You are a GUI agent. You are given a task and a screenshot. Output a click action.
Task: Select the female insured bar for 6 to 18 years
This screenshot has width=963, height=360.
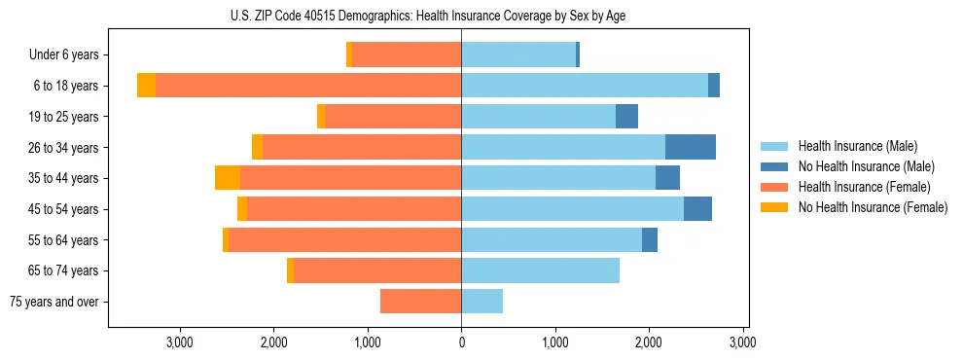(x=308, y=86)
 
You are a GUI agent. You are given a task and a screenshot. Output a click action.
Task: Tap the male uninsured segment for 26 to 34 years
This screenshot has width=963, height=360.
(x=691, y=147)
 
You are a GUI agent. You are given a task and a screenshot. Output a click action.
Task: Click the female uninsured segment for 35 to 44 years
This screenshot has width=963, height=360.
(x=228, y=178)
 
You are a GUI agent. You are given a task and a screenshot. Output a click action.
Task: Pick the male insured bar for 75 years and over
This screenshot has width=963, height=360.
(x=481, y=302)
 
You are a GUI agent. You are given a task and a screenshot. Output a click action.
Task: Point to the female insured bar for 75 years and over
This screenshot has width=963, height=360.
(x=420, y=302)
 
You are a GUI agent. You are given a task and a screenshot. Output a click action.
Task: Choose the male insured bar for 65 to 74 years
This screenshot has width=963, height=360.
(x=540, y=270)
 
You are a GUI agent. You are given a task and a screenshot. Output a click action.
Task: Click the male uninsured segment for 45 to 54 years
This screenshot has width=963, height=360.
(x=697, y=209)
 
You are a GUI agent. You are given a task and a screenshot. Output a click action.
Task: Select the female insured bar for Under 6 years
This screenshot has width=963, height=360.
(x=407, y=54)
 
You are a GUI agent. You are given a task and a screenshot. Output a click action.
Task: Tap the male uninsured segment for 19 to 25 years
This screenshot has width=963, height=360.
(x=626, y=117)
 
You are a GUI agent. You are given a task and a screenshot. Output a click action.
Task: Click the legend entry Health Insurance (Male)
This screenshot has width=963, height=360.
(x=857, y=146)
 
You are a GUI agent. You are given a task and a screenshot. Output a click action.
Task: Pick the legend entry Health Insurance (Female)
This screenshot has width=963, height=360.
(x=864, y=187)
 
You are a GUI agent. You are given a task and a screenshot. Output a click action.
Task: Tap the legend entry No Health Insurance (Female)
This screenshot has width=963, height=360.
(x=872, y=207)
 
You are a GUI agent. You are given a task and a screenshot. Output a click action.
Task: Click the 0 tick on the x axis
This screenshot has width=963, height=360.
(x=461, y=342)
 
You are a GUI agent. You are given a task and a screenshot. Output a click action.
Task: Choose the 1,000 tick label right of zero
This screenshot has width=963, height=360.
(x=555, y=342)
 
